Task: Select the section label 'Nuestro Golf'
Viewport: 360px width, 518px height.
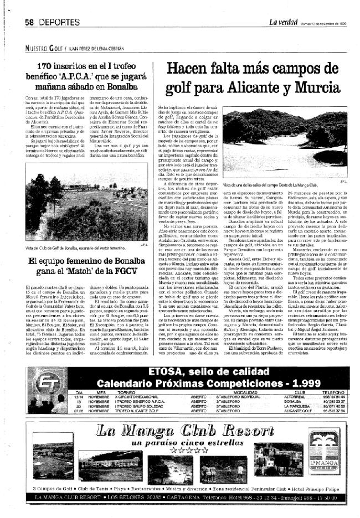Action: tap(44, 48)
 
